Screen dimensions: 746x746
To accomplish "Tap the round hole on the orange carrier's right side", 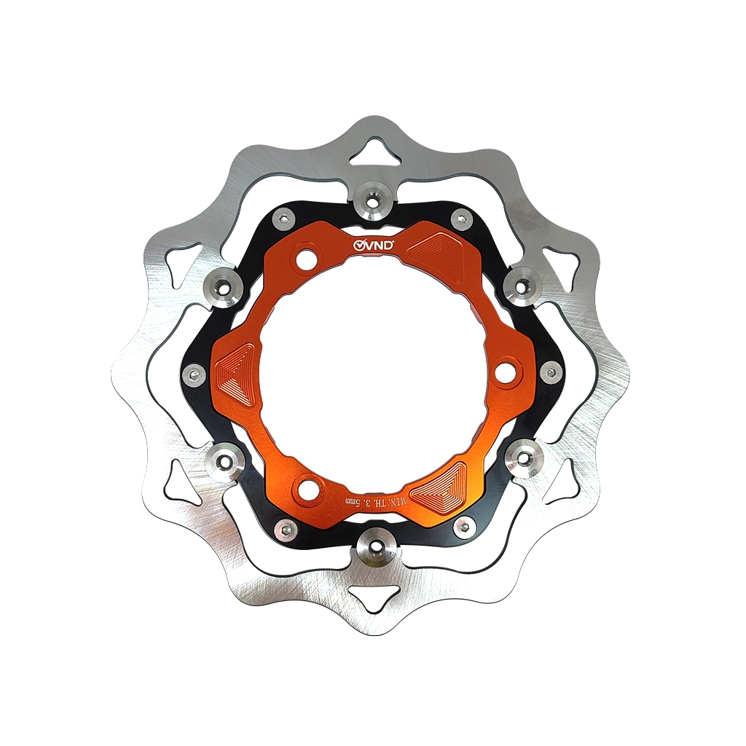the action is point(504,374).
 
